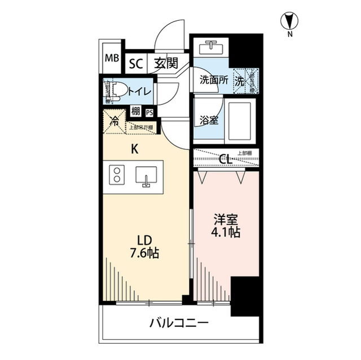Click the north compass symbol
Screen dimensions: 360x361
pos(289,22)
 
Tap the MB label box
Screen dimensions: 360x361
pos(111,57)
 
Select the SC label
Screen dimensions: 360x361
pos(135,63)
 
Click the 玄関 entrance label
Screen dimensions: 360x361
pos(166,63)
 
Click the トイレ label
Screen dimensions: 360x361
pos(139,91)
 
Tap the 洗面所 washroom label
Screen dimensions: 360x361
pos(214,80)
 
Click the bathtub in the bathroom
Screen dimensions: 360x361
pos(241,121)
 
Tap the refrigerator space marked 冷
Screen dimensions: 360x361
pos(115,121)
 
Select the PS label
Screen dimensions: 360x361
pos(149,112)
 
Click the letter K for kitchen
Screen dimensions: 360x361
pos(134,149)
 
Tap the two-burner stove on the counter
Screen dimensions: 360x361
pos(117,176)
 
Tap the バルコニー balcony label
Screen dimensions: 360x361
pos(179,323)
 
